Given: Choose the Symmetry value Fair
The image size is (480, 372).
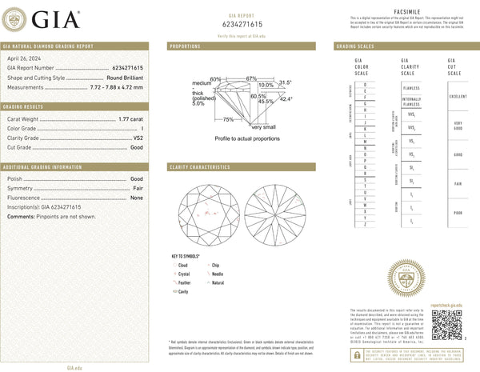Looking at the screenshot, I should [138, 186].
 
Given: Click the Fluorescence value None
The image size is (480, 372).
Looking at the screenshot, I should [137, 196].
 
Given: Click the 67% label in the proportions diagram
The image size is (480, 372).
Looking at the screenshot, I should [251, 78].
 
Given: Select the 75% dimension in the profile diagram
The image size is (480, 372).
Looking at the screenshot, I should [228, 119].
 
